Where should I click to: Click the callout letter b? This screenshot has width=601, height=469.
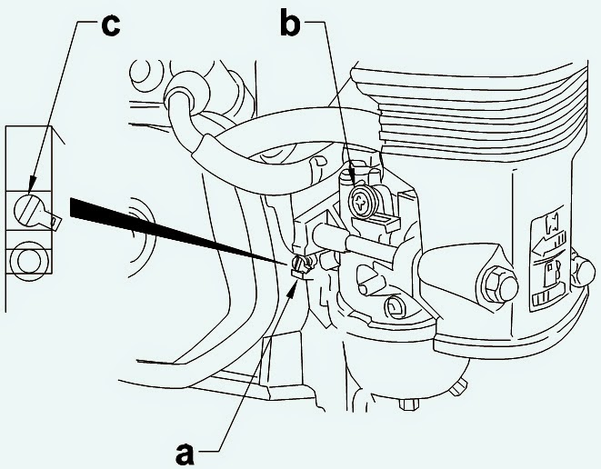(290, 25)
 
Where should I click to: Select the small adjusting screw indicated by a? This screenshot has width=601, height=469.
(301, 264)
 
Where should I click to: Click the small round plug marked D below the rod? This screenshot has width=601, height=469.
(396, 305)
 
